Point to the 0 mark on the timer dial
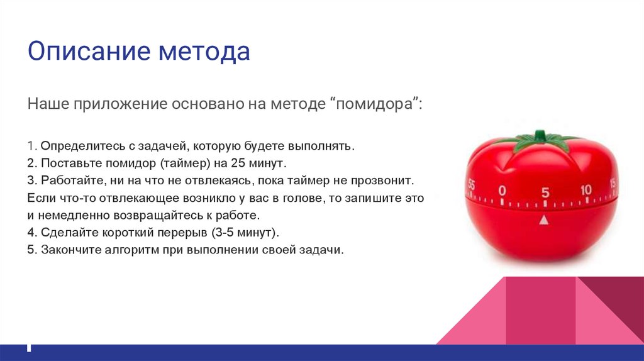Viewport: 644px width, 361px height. [x=501, y=190]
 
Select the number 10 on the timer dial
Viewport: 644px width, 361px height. [x=586, y=189]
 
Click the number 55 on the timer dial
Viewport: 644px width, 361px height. [x=471, y=185]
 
